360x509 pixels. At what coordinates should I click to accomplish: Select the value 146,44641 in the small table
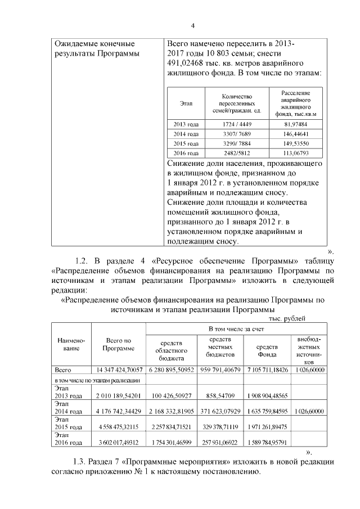click(x=296, y=134)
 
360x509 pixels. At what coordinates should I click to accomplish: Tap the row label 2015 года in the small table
click(x=186, y=143)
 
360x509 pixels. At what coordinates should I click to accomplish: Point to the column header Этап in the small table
click(x=186, y=103)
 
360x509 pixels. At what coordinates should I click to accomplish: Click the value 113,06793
click(x=296, y=153)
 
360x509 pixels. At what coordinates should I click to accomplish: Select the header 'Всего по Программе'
click(x=118, y=344)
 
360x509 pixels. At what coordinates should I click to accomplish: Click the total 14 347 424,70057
click(x=118, y=370)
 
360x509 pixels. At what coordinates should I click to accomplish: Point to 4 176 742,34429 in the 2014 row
click(x=118, y=412)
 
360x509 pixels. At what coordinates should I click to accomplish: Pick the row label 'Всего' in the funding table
click(x=62, y=370)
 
